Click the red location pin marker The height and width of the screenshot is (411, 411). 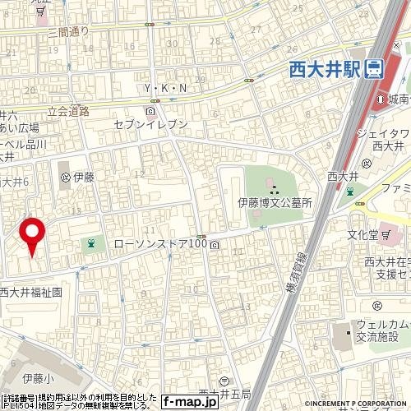[32, 233]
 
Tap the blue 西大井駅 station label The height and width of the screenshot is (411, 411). [324, 70]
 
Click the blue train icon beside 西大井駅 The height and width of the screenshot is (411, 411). [374, 70]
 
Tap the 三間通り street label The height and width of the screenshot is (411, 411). [68, 32]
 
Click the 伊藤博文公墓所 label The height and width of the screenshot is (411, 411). [275, 201]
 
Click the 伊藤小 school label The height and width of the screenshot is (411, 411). [37, 378]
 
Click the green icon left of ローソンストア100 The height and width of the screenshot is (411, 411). [90, 244]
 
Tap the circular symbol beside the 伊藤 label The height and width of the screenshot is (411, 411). [64, 176]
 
